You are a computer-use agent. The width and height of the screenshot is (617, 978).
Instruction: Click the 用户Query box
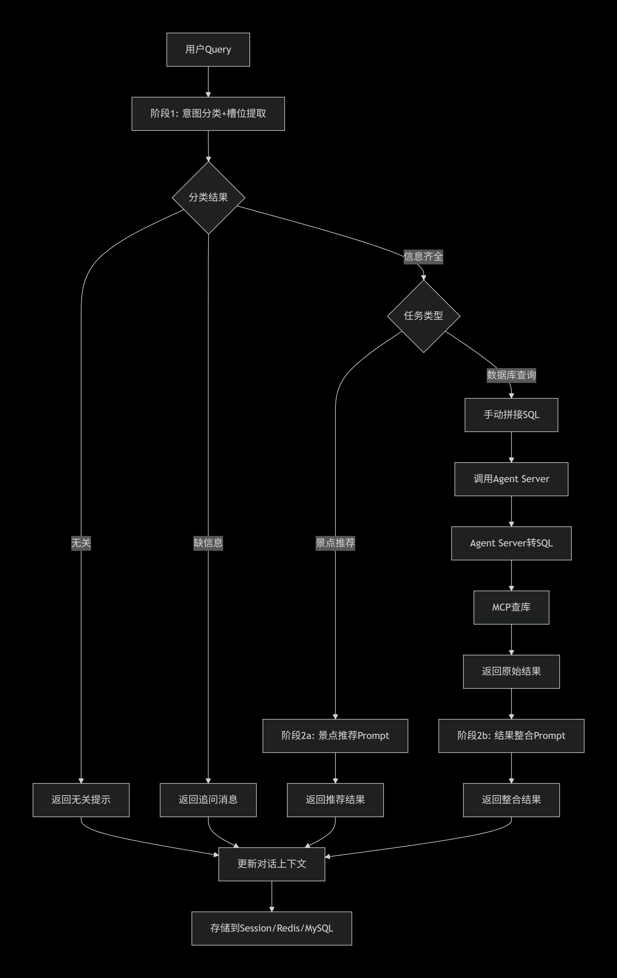(208, 50)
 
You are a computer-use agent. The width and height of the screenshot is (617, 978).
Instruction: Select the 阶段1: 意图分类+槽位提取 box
(208, 114)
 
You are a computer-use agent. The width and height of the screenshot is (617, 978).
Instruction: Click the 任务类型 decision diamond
(423, 316)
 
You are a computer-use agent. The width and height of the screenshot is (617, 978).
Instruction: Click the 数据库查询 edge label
(511, 375)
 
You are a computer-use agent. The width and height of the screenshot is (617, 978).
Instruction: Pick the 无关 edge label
(81, 543)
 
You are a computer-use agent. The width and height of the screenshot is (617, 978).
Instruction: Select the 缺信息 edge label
(208, 543)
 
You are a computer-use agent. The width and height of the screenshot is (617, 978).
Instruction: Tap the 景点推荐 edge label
(335, 543)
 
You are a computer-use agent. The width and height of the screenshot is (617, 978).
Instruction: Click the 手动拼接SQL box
(511, 415)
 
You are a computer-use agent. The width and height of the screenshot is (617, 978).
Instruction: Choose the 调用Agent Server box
(511, 479)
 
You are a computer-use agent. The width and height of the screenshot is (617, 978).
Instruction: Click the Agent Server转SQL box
(511, 543)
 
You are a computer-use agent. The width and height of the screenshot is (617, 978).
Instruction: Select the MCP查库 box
(511, 607)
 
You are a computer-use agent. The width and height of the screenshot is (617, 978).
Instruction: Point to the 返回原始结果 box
(511, 671)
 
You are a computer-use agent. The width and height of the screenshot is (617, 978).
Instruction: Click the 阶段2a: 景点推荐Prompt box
(335, 735)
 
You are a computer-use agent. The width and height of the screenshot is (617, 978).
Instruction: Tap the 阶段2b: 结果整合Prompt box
(511, 735)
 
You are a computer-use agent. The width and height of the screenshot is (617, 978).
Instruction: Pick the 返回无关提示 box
(81, 800)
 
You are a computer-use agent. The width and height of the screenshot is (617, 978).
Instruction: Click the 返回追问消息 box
(208, 800)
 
